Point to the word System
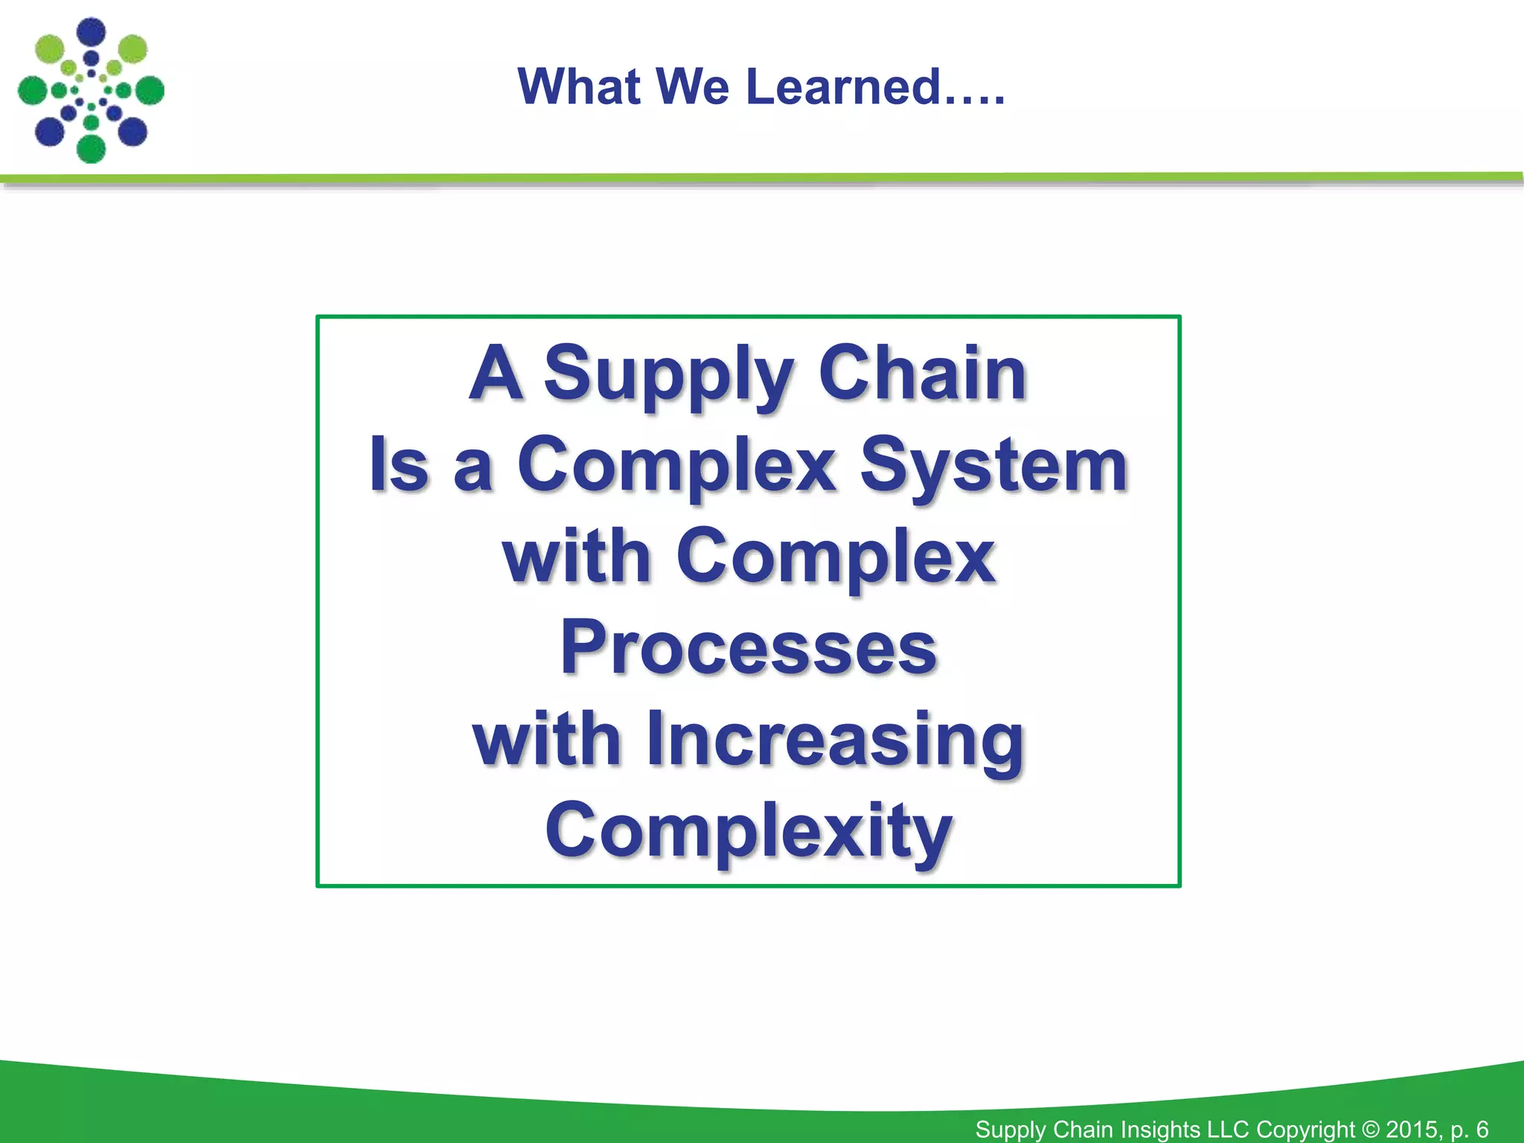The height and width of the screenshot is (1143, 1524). (994, 466)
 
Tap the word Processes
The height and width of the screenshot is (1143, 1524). (748, 648)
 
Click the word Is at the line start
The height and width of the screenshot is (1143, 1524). (400, 466)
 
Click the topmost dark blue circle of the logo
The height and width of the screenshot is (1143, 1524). (92, 32)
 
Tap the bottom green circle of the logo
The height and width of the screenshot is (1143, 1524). (92, 148)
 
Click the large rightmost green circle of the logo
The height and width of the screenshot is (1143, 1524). (150, 91)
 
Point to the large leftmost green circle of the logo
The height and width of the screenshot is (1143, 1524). (32, 91)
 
